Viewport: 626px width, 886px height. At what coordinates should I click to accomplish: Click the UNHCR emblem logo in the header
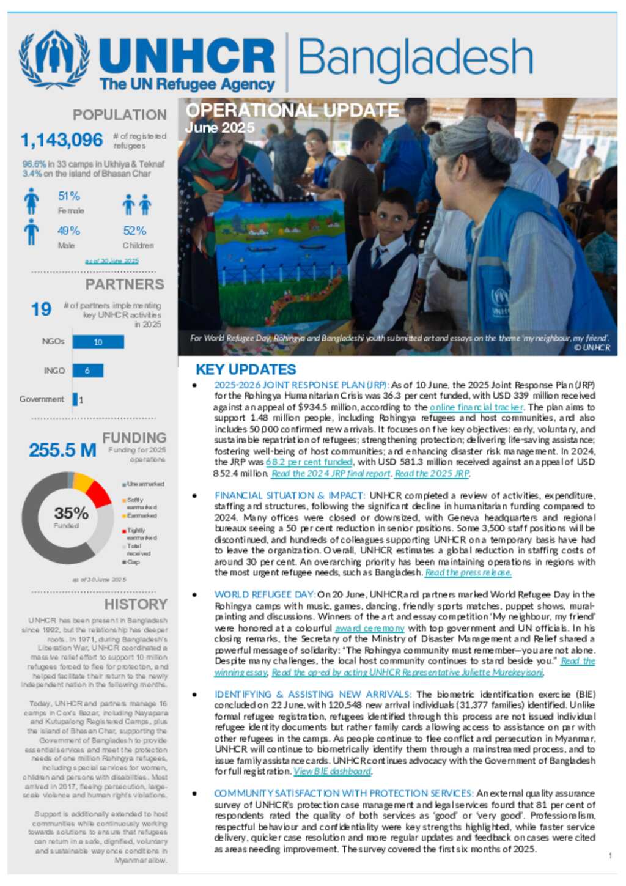[x=54, y=60]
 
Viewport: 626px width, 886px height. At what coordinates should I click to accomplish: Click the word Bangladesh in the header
[x=415, y=59]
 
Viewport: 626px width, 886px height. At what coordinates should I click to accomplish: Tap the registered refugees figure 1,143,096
[x=62, y=140]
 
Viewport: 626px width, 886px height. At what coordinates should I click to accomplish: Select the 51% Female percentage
[x=69, y=196]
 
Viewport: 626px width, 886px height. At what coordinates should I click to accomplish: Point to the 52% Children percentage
[x=135, y=231]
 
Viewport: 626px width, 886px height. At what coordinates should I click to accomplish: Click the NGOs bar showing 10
[x=98, y=342]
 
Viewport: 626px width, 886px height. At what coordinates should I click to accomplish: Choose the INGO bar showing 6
[x=87, y=371]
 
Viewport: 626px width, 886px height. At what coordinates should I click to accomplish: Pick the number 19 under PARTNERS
[x=41, y=309]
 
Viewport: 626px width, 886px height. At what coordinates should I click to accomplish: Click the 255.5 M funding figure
[x=62, y=451]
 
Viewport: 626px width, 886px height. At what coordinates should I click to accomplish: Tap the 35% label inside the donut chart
[x=71, y=513]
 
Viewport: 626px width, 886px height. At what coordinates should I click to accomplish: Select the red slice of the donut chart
[x=98, y=494]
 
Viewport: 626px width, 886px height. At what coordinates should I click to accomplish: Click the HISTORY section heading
[x=135, y=604]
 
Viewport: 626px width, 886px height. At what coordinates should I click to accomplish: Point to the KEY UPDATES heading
[x=246, y=369]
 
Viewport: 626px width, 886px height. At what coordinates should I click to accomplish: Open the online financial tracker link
[x=476, y=407]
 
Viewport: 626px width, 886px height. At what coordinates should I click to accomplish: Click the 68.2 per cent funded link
[x=309, y=462]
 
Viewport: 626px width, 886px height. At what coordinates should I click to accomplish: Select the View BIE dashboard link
[x=333, y=772]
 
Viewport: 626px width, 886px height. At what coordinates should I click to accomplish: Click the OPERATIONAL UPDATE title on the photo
[x=292, y=111]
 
